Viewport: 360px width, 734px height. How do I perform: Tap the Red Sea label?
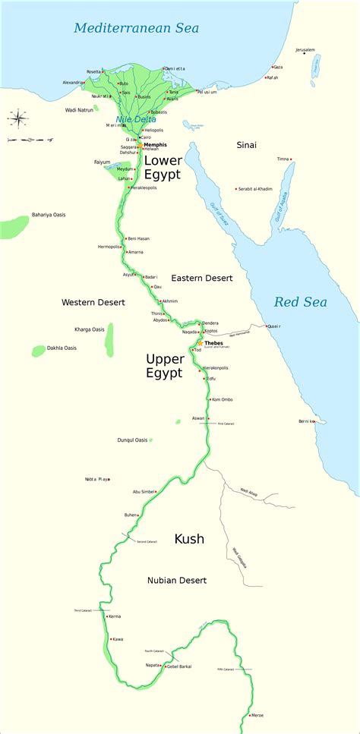(x=300, y=302)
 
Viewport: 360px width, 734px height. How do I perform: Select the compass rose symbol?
(x=17, y=118)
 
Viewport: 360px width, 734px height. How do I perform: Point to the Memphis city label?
(x=155, y=144)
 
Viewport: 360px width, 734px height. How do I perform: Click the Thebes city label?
(x=214, y=343)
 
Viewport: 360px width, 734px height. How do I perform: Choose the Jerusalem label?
(x=305, y=50)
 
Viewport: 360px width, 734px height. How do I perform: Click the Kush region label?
(x=189, y=539)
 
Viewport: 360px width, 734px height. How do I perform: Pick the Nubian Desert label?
(x=177, y=580)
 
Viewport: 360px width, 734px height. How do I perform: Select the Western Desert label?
(x=93, y=302)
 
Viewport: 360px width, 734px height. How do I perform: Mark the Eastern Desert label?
(x=202, y=279)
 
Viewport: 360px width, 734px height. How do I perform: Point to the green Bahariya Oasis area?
(x=14, y=226)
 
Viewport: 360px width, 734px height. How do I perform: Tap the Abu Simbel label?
(x=147, y=491)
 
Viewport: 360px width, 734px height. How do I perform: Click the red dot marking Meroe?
(x=251, y=715)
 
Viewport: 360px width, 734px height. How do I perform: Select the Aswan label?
(x=198, y=418)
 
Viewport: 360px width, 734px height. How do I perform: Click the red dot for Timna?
(x=291, y=159)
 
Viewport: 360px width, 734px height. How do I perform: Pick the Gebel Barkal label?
(x=178, y=666)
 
